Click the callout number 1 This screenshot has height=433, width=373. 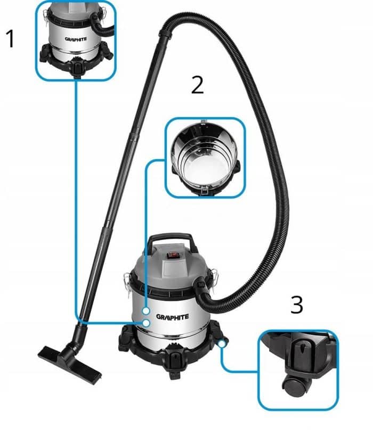(x=10, y=39)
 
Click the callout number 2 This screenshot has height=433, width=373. (x=197, y=85)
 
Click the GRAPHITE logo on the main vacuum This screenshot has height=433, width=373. (x=173, y=316)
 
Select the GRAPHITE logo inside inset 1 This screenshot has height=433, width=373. (x=76, y=39)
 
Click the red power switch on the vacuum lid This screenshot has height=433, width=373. (x=173, y=255)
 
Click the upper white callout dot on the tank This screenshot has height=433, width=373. (x=146, y=311)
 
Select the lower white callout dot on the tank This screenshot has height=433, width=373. (x=147, y=323)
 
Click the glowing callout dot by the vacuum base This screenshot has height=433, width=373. (x=222, y=344)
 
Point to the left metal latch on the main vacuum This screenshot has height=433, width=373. (x=127, y=282)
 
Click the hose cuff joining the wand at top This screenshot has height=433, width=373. (x=166, y=32)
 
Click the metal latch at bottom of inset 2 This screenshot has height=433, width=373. (x=205, y=191)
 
